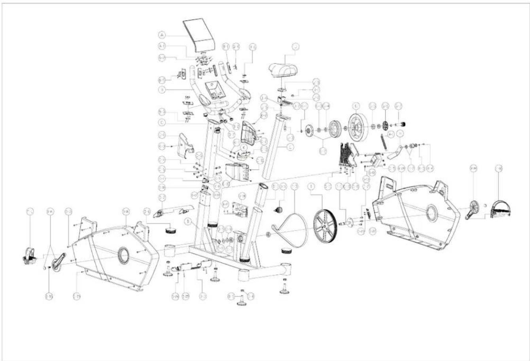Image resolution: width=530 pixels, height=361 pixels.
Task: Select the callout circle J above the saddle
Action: [x=295, y=47]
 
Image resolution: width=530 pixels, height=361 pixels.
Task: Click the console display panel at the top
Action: [x=199, y=33]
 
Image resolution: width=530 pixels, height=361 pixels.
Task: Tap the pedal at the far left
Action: [x=30, y=256]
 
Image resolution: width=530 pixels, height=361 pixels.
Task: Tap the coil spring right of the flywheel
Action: [x=383, y=141]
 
